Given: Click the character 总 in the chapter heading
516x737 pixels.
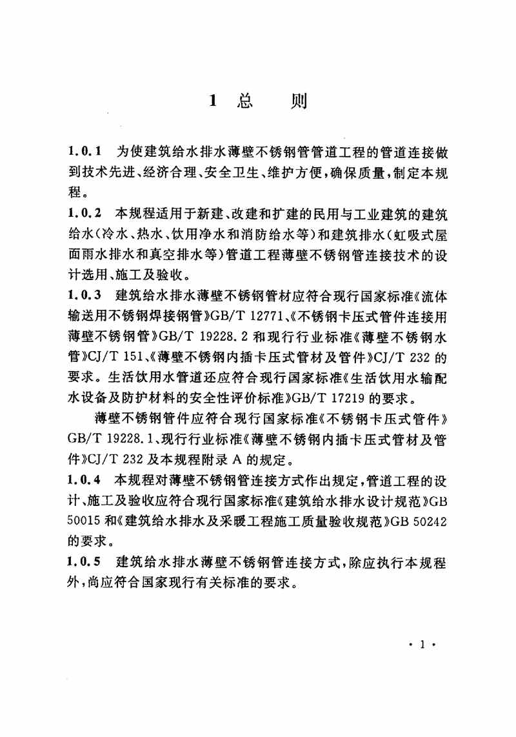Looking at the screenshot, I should [x=246, y=101].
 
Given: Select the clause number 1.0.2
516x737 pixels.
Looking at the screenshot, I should [x=84, y=212].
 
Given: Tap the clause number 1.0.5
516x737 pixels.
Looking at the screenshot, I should [x=84, y=563].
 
